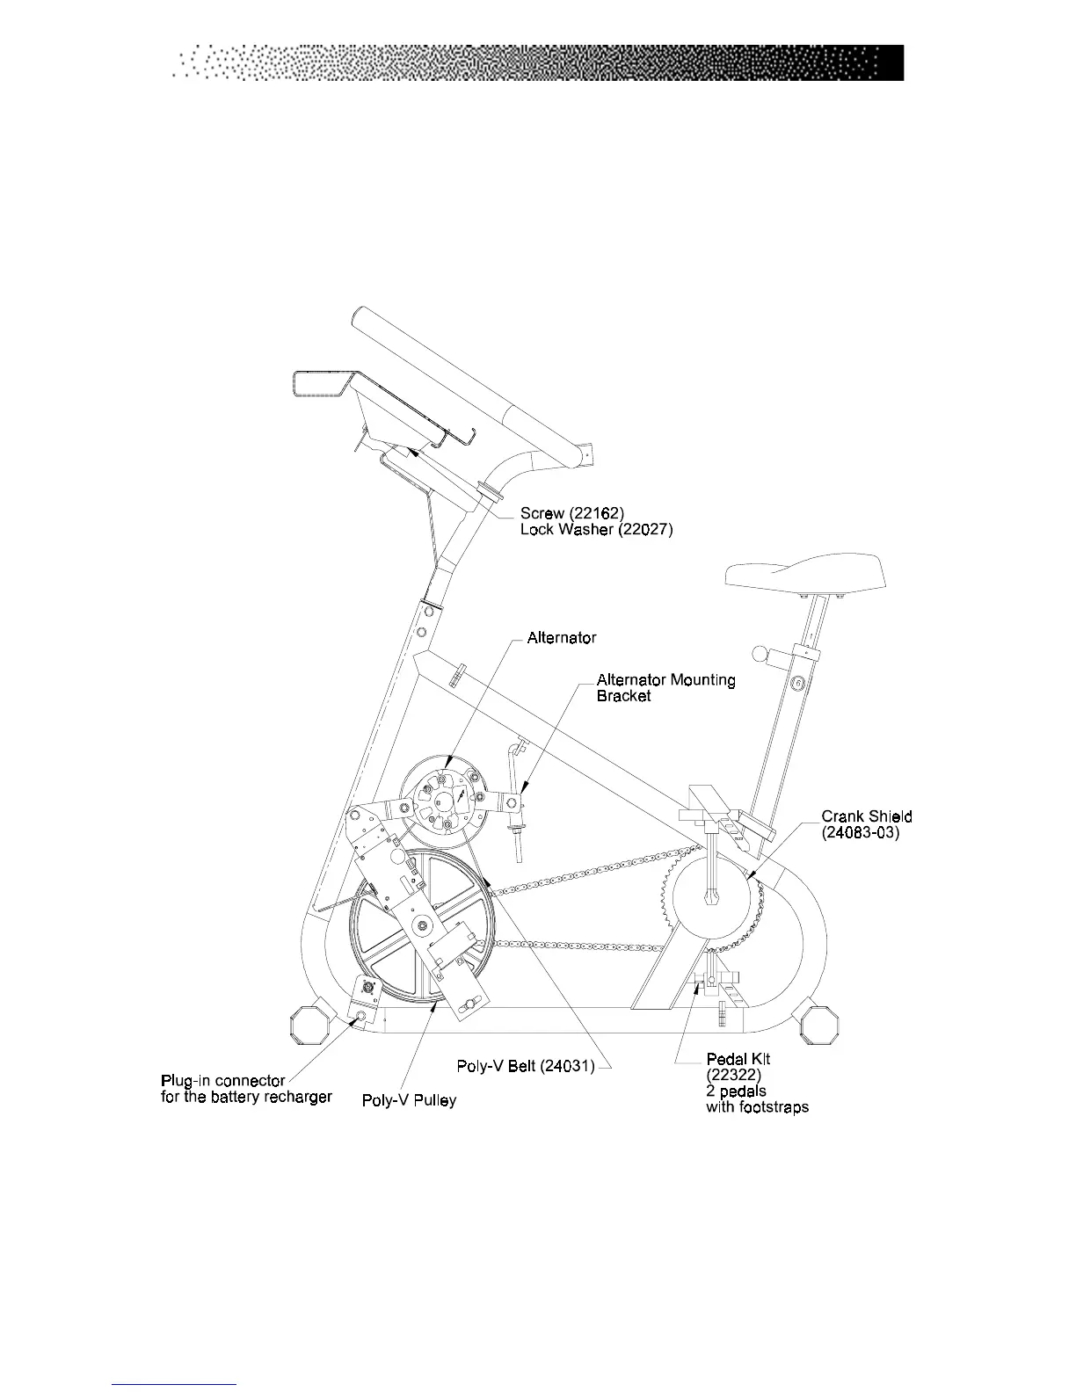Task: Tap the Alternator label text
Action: tap(561, 638)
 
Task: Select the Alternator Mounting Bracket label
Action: tap(665, 687)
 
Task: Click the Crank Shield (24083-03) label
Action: tap(866, 824)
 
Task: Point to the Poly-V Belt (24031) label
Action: tap(526, 1066)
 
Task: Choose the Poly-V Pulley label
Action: tap(409, 1100)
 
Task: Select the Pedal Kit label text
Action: tap(738, 1059)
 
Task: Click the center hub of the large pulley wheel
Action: tap(424, 924)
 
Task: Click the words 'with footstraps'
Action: tap(757, 1107)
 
